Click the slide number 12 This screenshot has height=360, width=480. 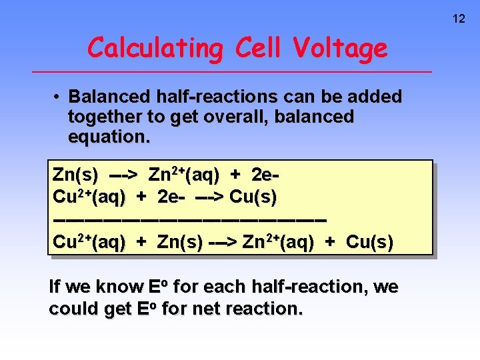[x=459, y=19]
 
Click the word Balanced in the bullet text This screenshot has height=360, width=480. [x=105, y=97]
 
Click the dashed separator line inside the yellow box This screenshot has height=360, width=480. [x=189, y=219]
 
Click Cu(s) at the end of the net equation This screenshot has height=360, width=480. [x=369, y=242]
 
